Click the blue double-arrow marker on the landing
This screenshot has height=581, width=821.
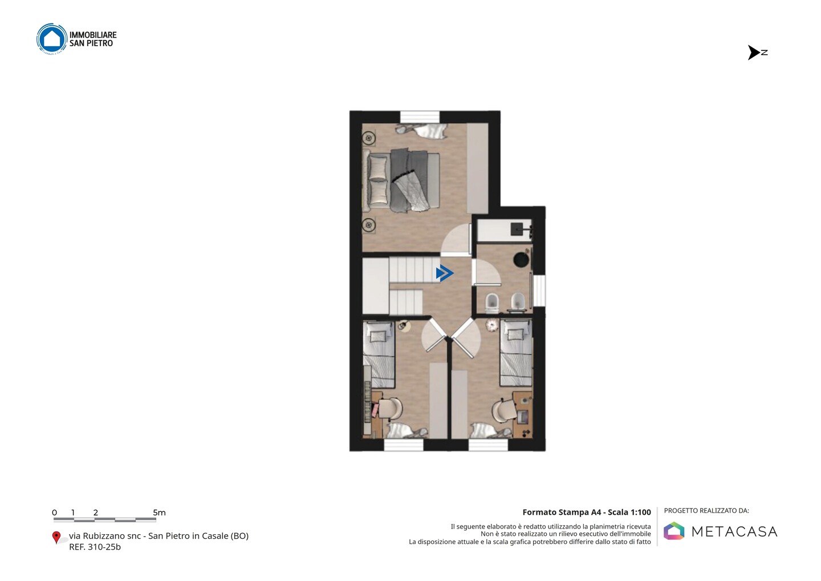pyautogui.click(x=445, y=273)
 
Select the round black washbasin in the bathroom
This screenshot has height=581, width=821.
pyautogui.click(x=521, y=260)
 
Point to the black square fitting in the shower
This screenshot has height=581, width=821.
pyautogui.click(x=517, y=228)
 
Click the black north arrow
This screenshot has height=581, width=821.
pyautogui.click(x=754, y=53)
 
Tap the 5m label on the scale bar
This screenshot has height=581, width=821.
pyautogui.click(x=159, y=513)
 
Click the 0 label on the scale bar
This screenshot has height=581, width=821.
pyautogui.click(x=55, y=513)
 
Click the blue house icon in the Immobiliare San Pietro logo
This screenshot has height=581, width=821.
pyautogui.click(x=52, y=38)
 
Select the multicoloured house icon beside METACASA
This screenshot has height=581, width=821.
pyautogui.click(x=674, y=531)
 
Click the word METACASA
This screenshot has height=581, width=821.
pyautogui.click(x=734, y=531)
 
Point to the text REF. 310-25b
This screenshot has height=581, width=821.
pyautogui.click(x=95, y=547)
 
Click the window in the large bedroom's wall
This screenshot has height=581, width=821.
pyautogui.click(x=420, y=116)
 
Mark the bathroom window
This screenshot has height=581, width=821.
pyautogui.click(x=539, y=290)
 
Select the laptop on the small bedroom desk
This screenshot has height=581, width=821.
pyautogui.click(x=522, y=415)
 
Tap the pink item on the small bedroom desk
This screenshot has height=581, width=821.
pyautogui.click(x=375, y=410)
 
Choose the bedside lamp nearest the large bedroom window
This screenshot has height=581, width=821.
pyautogui.click(x=369, y=138)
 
